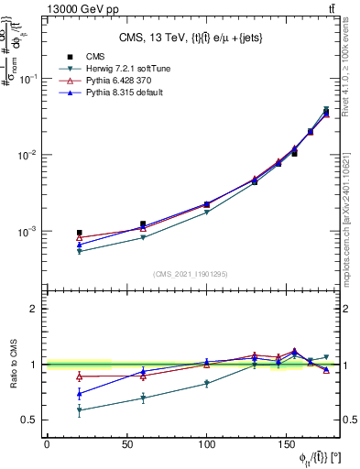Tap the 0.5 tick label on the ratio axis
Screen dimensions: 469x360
tap(30, 420)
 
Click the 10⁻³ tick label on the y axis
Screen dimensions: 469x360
tap(28, 232)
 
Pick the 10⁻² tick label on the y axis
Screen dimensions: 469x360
tap(28, 155)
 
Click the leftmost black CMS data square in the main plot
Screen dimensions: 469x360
tap(79, 233)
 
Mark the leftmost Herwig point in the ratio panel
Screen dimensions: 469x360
tap(79, 410)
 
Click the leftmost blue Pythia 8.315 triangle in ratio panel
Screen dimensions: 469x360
tap(79, 394)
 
